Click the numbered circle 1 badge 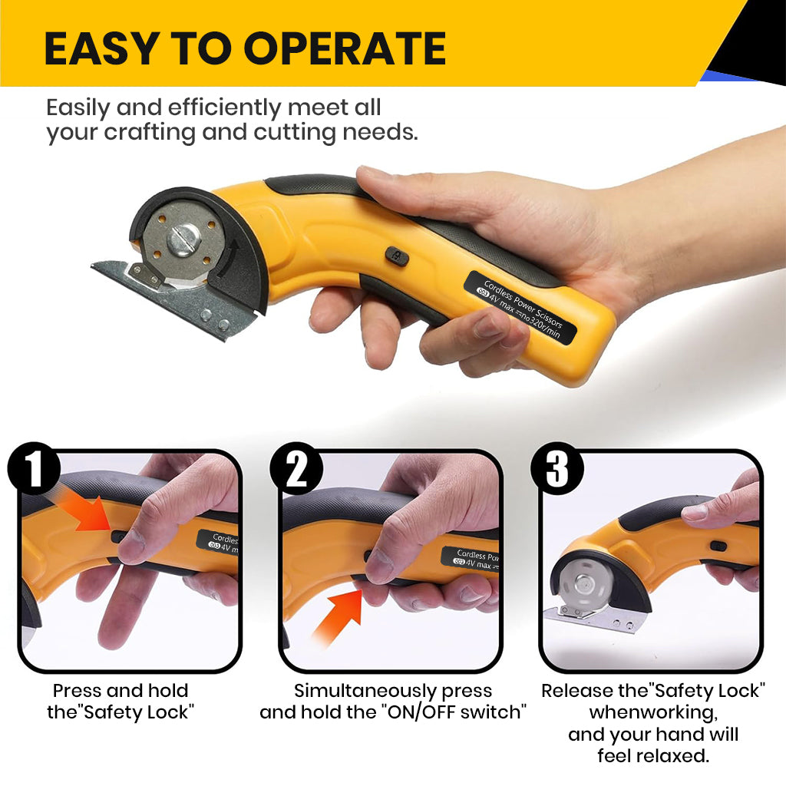coord(34,469)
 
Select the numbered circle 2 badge coord(296,469)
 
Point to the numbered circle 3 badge coord(557,469)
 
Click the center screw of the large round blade coord(183,239)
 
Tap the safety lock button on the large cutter coord(397,256)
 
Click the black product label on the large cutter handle coord(520,307)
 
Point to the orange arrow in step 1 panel coord(85,511)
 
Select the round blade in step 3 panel coord(584,584)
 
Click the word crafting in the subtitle coord(150,133)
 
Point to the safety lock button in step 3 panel coord(718,546)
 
